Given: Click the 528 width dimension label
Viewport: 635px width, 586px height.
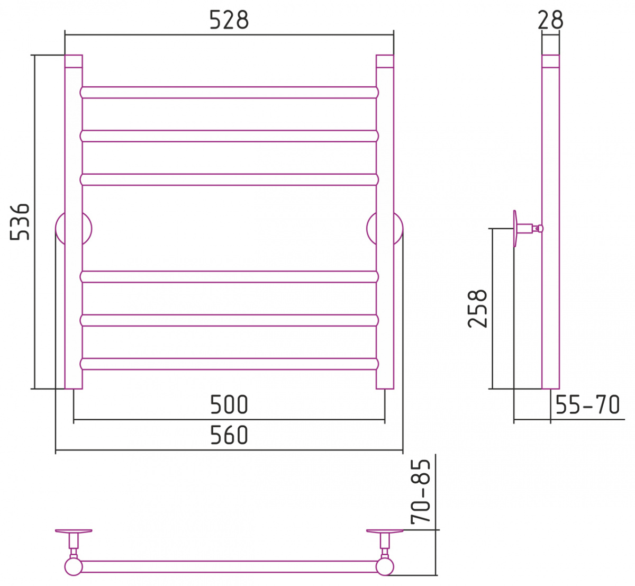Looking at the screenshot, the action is [x=229, y=20].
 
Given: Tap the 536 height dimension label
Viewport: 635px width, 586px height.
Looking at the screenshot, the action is [x=20, y=221].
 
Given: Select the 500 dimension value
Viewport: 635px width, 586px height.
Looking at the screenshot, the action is [x=229, y=405].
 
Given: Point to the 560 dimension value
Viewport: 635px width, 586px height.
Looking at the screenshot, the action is [x=229, y=435].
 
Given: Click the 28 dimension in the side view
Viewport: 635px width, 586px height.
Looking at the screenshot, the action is [x=550, y=20].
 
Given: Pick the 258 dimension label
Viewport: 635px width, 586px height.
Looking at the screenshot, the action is [x=477, y=309].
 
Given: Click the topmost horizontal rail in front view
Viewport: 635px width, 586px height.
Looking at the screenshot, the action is [x=229, y=93].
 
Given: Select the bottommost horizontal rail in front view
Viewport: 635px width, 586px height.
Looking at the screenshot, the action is [x=229, y=364].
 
